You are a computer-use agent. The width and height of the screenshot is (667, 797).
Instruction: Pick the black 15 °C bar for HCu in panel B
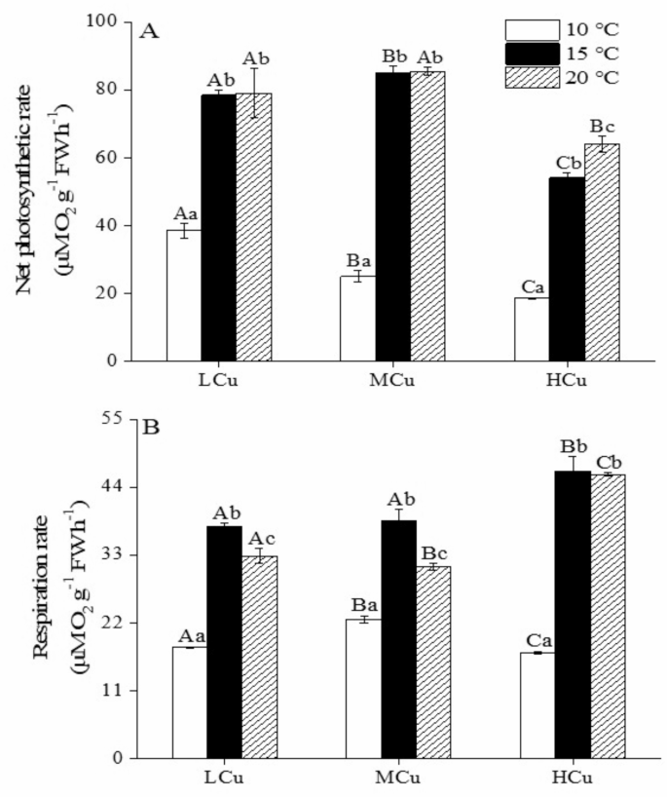tap(572, 614)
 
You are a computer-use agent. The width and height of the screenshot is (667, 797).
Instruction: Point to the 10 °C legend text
tap(596, 27)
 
